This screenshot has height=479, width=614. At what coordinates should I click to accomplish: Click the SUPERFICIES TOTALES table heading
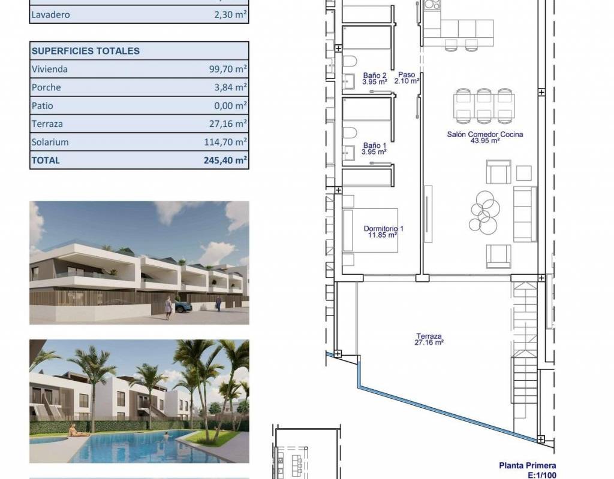pos(86,51)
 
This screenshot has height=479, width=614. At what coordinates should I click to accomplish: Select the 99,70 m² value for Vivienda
pos(228,69)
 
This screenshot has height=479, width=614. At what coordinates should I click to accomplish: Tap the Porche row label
pos(46,87)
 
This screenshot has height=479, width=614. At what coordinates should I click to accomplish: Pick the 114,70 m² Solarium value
pos(225,142)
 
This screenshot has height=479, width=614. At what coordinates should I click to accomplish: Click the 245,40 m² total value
pos(225,160)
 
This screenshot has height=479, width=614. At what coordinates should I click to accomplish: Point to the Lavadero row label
pos(50,14)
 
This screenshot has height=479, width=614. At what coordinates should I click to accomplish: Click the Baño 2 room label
pos(375,78)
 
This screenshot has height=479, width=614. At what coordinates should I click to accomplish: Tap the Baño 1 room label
pos(374,148)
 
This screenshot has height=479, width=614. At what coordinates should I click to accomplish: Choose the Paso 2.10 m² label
pos(407,77)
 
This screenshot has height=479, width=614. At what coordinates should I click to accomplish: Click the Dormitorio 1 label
pos(383,232)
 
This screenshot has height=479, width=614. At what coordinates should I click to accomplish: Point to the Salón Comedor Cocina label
pos(485,137)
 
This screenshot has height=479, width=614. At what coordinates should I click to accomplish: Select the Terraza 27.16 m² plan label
pos(429,339)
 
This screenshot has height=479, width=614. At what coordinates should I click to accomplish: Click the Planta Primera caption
pos(528,466)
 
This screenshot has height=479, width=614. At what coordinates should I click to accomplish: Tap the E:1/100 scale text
pos(541,475)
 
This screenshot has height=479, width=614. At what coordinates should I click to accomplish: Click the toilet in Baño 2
pos(350,61)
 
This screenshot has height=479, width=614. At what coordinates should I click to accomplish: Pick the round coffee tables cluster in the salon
pos(484,213)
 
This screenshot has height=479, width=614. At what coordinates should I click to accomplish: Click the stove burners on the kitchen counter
pos(432,5)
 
